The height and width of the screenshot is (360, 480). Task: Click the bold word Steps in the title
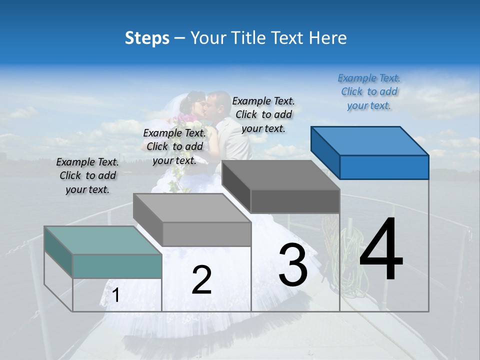[x=147, y=38]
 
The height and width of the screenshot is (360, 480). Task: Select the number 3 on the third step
[x=293, y=265]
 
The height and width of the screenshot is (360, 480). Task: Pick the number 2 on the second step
[x=201, y=280]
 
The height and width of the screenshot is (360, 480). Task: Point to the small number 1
[x=116, y=295]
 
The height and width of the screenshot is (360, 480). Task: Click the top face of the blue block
[x=369, y=141]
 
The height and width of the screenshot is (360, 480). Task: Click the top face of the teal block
[x=103, y=240]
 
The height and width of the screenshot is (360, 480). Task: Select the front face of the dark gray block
[x=295, y=201]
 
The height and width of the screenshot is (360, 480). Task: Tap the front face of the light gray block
[x=206, y=234]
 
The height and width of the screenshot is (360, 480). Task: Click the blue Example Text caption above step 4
[x=369, y=91]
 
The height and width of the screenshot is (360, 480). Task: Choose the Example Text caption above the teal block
[x=87, y=175]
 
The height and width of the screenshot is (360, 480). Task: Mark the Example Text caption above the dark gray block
[x=263, y=114]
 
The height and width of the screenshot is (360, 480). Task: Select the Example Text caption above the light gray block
[x=174, y=146]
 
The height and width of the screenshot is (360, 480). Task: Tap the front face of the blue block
[x=384, y=167]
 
